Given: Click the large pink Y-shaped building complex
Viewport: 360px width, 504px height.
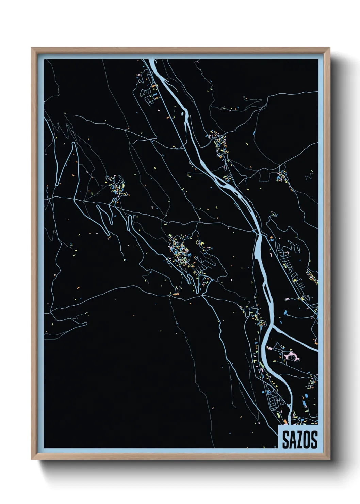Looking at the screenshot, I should pyautogui.click(x=292, y=357).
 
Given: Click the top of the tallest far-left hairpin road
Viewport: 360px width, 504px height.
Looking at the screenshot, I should pyautogui.click(x=74, y=143).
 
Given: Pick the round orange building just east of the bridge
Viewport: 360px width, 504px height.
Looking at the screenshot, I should pyautogui.click(x=271, y=237).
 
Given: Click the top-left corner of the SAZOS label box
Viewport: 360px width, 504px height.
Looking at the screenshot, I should pyautogui.click(x=279, y=425).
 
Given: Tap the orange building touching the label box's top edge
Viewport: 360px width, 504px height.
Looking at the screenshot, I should pyautogui.click(x=285, y=423).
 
